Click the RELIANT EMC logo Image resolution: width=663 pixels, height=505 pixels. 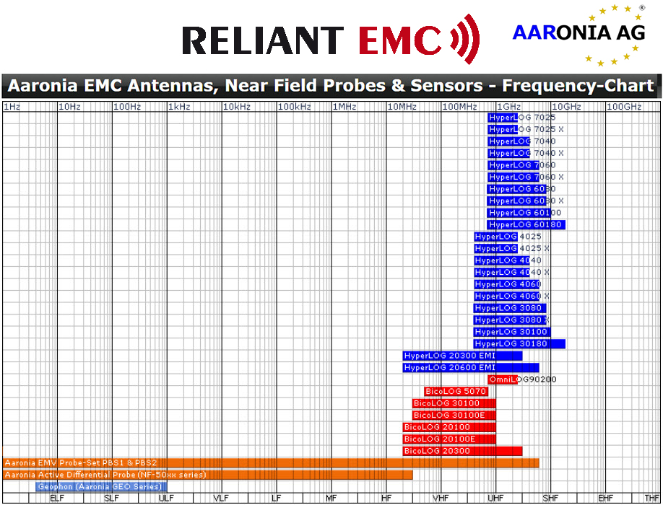point(331,39)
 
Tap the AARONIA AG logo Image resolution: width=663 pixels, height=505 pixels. point(578,35)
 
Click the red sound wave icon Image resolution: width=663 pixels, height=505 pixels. point(464,39)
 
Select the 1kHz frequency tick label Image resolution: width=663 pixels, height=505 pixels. point(179,106)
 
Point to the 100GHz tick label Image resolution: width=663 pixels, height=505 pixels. point(624,106)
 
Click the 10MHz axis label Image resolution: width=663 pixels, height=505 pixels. point(402,106)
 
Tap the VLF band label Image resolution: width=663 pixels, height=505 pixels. point(221,499)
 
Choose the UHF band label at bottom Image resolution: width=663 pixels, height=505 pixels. point(495,499)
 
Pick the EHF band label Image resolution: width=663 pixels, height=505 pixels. point(605,499)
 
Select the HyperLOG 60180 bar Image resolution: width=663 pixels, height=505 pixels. point(526,224)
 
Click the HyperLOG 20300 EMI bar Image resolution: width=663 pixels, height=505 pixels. point(462,356)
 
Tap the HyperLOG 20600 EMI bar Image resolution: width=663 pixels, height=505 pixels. point(471,367)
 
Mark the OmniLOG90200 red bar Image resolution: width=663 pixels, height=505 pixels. point(503,379)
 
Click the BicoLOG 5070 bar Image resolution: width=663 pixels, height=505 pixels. point(456,391)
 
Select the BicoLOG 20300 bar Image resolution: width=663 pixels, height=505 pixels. point(462,451)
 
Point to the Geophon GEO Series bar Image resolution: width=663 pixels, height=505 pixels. point(101,486)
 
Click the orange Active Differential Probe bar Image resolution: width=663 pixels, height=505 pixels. point(207,475)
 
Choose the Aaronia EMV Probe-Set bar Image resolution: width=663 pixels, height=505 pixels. point(271,462)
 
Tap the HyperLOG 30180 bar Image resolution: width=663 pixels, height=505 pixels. point(519,343)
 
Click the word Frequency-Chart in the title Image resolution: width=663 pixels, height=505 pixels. point(578,86)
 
